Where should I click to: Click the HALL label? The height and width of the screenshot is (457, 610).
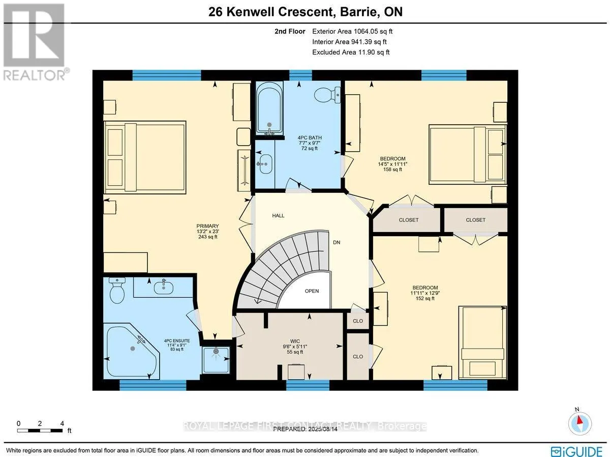coord(278,216)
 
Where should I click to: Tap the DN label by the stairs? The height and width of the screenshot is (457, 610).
coord(337,242)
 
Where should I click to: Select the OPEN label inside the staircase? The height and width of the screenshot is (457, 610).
coord(312,291)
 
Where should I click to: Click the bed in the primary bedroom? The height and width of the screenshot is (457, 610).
coord(144,157)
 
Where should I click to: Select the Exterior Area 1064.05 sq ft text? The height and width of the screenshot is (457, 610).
coord(352,31)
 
